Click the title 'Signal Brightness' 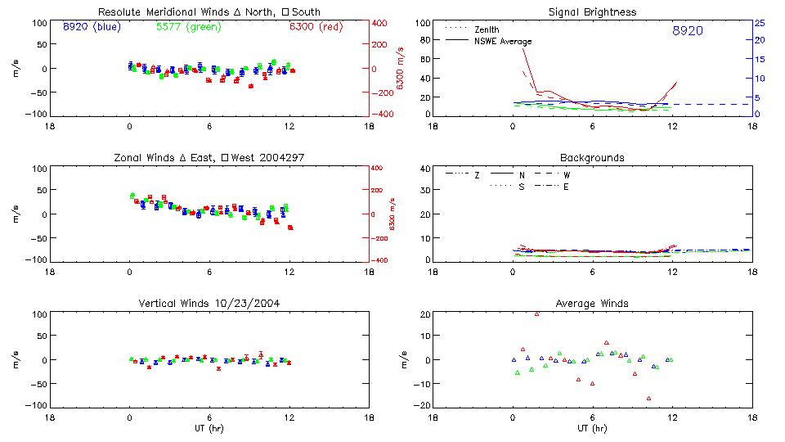pos(592,12)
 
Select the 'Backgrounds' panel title pos(592,157)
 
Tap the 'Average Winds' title pos(592,304)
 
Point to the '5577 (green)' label pos(187,27)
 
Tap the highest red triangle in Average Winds pos(536,313)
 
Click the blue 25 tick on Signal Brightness pos(759,23)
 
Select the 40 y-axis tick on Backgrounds pos(424,169)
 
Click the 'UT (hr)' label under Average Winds pos(592,428)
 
